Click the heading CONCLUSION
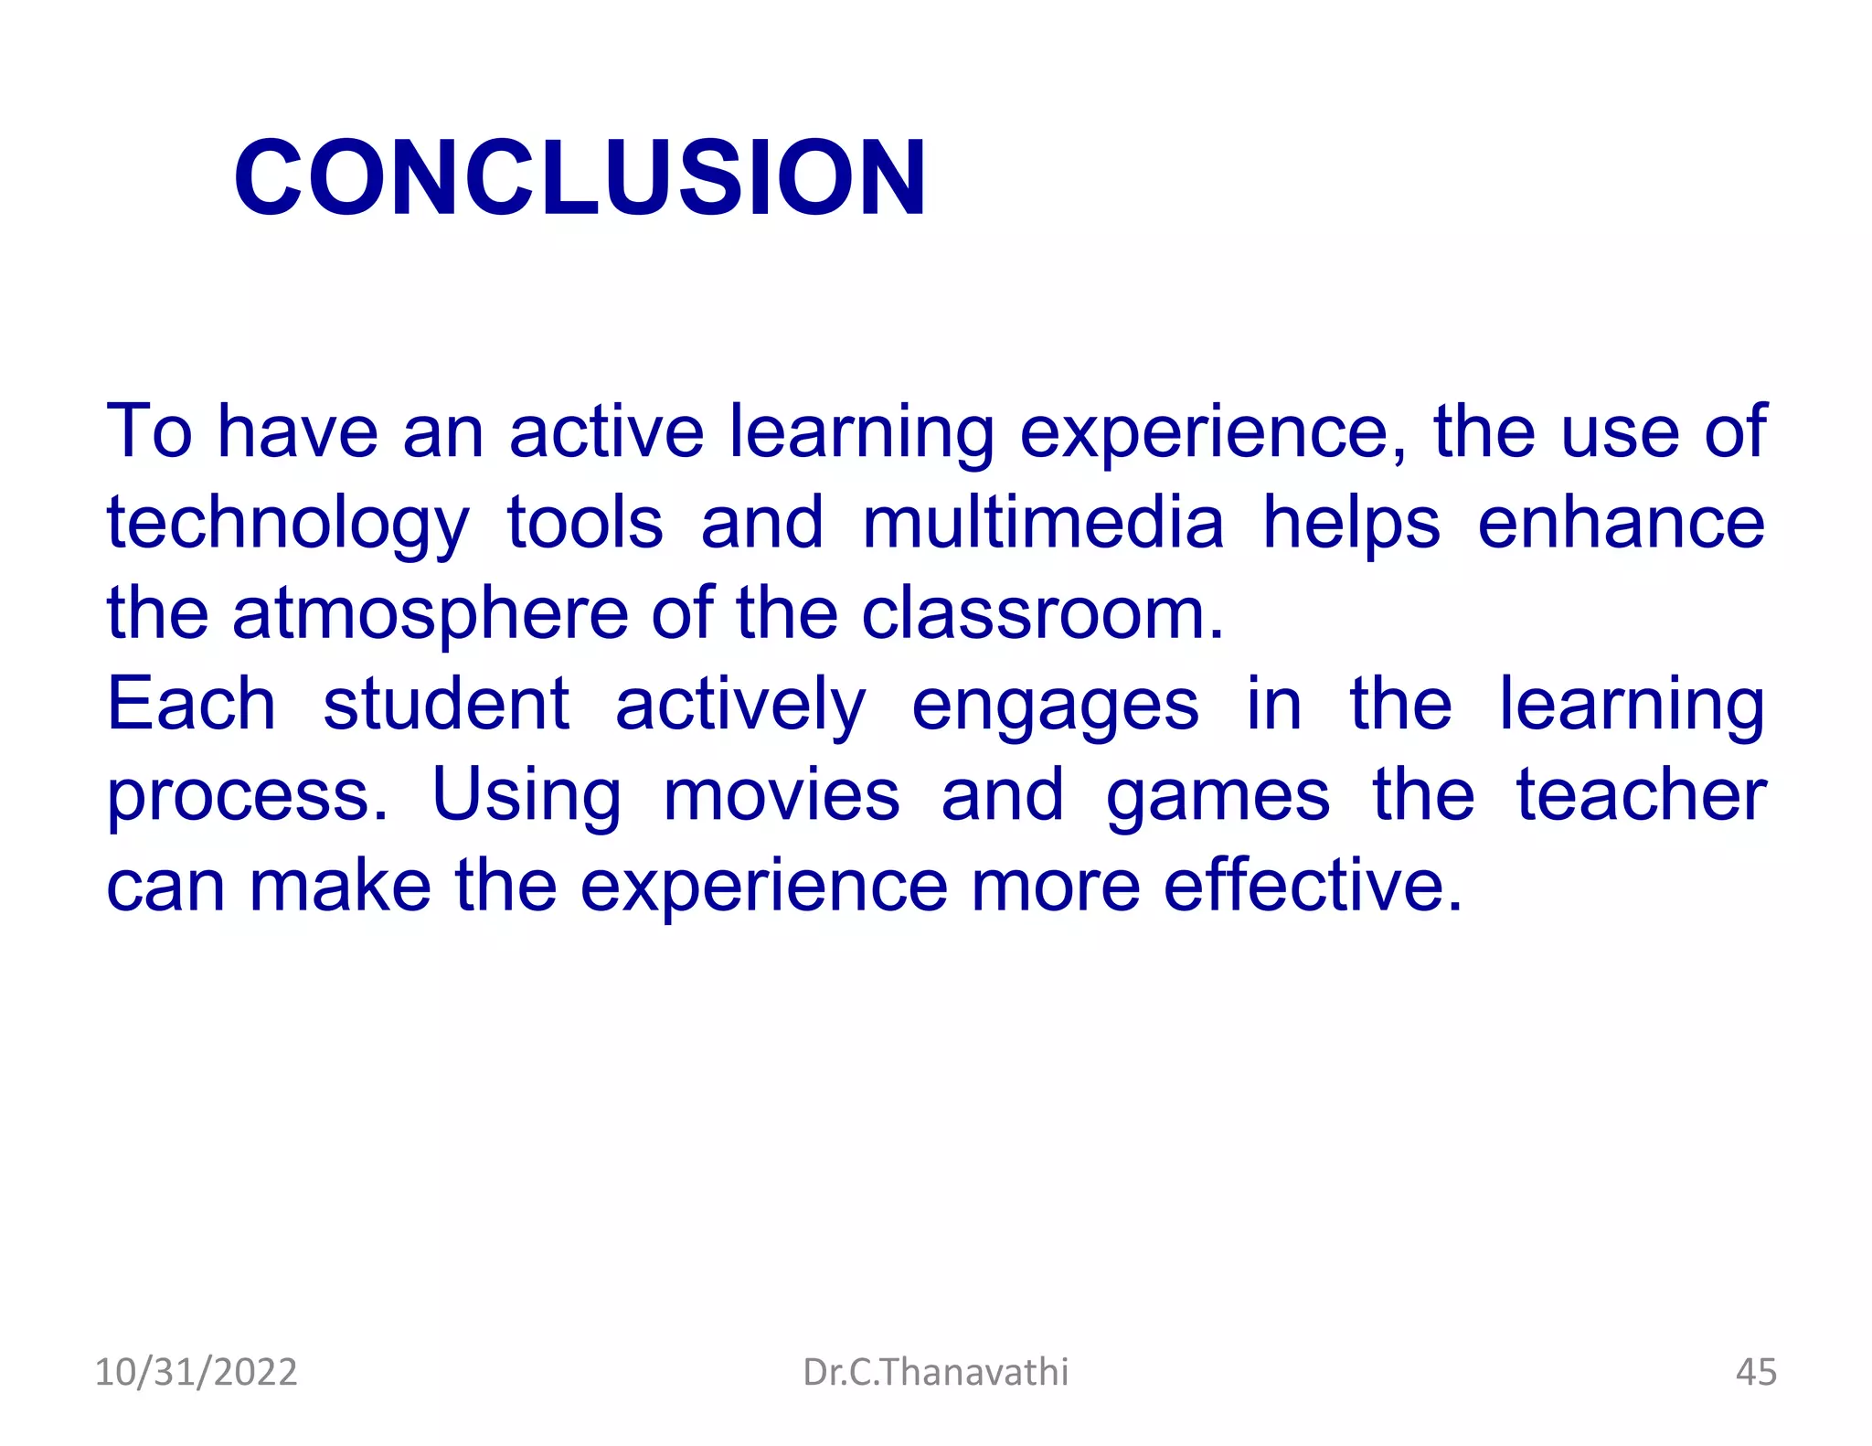point(580,177)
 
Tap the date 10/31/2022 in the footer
point(196,1372)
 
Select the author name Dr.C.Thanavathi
point(935,1372)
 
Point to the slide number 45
point(1755,1372)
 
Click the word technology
point(288,524)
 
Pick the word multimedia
point(1043,522)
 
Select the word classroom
point(1042,612)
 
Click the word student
point(446,704)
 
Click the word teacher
point(1641,794)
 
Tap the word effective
point(1313,885)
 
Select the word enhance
point(1621,522)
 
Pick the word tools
point(585,522)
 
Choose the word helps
point(1351,524)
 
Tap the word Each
point(191,704)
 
